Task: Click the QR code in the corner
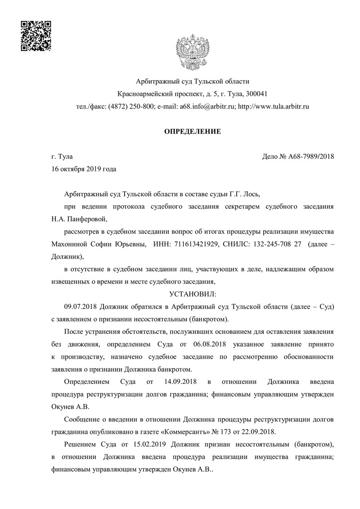point(36,36)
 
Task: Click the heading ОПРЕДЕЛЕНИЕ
point(192,132)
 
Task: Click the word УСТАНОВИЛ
point(192,294)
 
